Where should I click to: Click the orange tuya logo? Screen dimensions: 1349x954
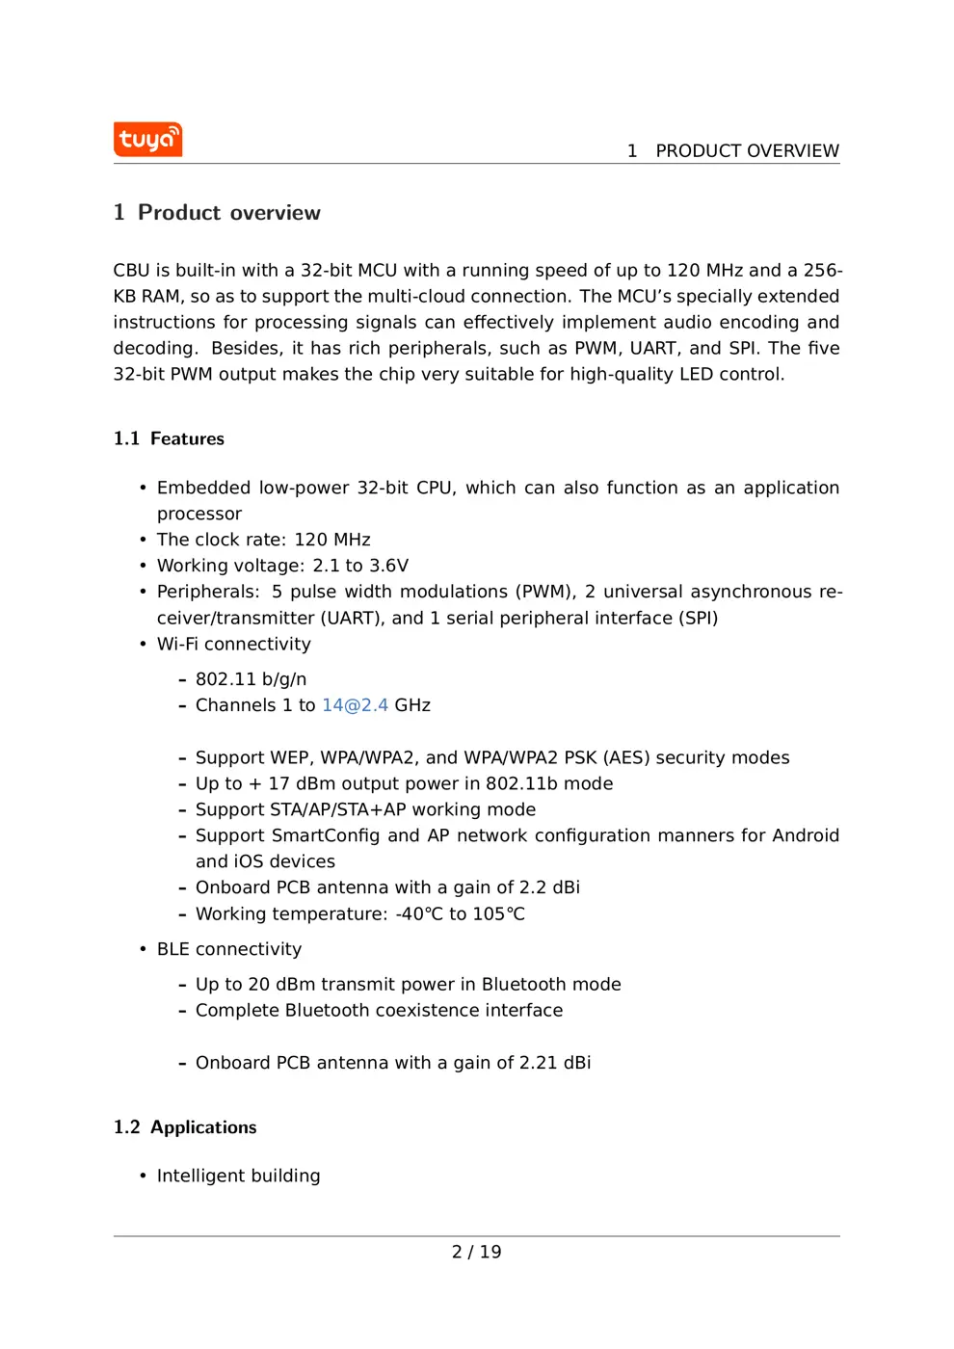pos(147,140)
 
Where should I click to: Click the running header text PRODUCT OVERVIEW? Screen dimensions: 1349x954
pos(747,151)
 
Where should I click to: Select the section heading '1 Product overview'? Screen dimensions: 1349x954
pos(217,213)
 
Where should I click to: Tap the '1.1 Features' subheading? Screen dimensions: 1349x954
pos(169,439)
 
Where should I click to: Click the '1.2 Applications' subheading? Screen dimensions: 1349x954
pos(185,1127)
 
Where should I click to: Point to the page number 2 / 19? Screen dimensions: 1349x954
pos(476,1252)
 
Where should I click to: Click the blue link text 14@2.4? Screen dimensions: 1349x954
pos(355,705)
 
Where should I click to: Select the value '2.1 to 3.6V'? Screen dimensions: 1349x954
pos(360,566)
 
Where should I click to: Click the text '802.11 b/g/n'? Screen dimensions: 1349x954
pos(251,679)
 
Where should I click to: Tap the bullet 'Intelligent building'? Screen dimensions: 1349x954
pos(238,1176)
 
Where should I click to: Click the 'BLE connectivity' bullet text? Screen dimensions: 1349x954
pos(229,949)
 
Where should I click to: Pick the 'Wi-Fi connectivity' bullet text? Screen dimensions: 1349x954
pos(234,644)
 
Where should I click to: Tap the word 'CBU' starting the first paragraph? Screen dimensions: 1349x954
pos(131,271)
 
